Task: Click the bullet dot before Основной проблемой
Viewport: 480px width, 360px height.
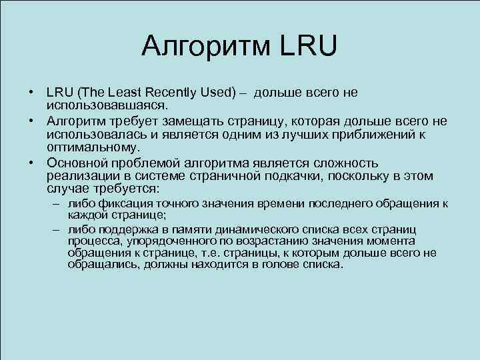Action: pos(31,163)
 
